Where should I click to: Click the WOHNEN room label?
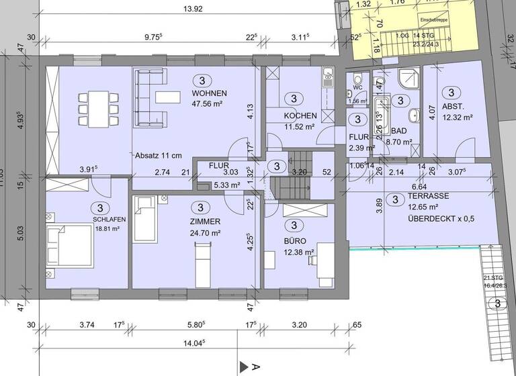tap(210, 93)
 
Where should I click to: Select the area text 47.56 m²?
tap(210, 104)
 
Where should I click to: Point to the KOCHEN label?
tap(291, 116)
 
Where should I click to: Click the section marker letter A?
tap(255, 367)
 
